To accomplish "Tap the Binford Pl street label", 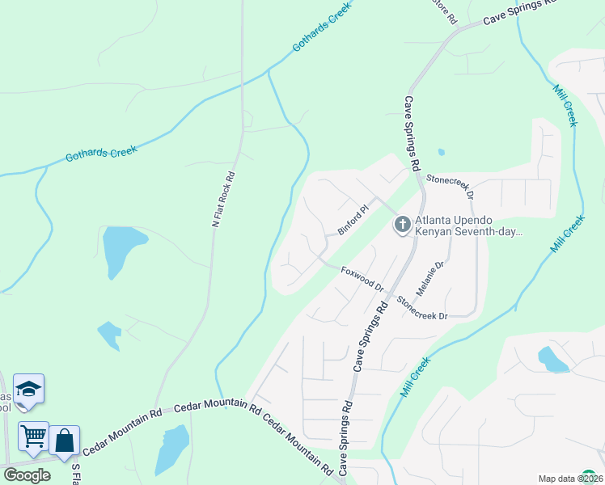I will click(353, 220).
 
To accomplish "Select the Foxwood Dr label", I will click(362, 278).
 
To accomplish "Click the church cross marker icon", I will click(403, 225).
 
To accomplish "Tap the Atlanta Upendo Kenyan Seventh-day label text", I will click(469, 225).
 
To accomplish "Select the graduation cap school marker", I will click(29, 390).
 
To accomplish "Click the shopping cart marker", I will click(34, 436).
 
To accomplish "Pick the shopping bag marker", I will click(65, 441).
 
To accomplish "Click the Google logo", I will click(27, 474).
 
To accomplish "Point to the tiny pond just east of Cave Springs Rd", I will click(441, 151).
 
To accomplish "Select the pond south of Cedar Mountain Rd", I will click(172, 449).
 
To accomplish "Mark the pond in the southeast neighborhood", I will click(552, 358).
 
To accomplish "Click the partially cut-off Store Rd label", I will click(445, 10).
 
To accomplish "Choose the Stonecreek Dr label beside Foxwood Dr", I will click(421, 308).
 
